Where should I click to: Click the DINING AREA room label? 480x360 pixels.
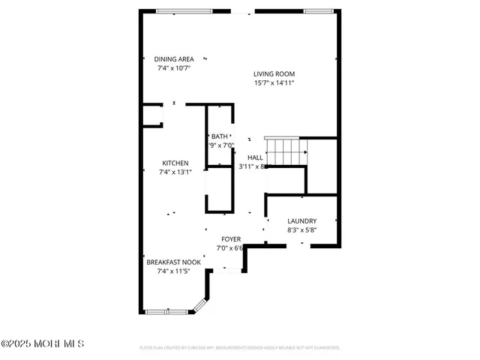174,59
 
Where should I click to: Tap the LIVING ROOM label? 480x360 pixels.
274,73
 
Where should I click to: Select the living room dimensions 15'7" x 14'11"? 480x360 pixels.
274,83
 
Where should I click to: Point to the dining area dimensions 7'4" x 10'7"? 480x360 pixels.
174,69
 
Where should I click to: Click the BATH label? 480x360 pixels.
219,136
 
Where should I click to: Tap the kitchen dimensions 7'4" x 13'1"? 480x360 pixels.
175,172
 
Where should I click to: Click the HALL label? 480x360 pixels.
255,157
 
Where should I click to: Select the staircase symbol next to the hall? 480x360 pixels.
284,152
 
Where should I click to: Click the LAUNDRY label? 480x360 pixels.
302,220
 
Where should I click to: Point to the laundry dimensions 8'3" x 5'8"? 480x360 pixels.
302,230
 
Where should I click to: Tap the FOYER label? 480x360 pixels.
230,238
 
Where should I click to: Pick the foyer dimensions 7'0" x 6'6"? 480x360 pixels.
230,248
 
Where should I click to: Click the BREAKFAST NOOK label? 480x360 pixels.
174,262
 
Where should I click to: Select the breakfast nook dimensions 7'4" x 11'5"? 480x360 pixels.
174,271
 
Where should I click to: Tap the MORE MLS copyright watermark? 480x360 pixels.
43,343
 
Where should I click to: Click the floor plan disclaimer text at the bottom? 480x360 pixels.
240,348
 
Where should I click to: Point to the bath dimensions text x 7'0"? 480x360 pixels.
221,145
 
